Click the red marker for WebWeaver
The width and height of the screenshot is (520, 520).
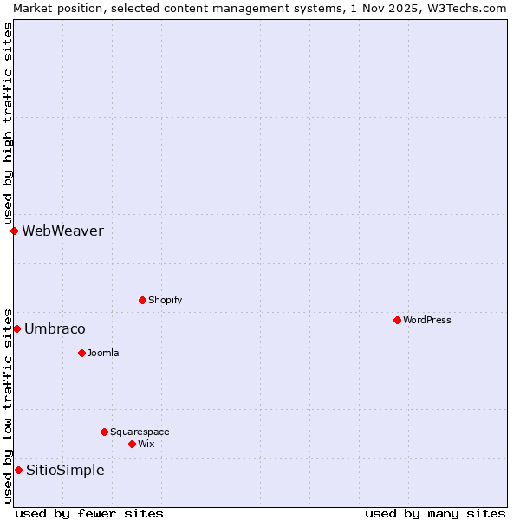tap(14, 231)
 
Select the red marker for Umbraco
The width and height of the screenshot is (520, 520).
tap(16, 328)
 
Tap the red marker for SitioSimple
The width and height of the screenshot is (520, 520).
tap(18, 470)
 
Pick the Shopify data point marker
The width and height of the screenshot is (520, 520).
tap(142, 300)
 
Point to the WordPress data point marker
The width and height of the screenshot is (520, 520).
tap(397, 320)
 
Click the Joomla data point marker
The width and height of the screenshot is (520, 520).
tap(81, 353)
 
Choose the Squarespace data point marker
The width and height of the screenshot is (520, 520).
tap(104, 432)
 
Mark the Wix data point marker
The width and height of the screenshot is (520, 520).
tap(132, 444)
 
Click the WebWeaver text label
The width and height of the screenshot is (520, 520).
tap(62, 231)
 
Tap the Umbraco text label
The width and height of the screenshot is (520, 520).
tap(55, 328)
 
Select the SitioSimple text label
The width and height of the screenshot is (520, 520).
tap(65, 470)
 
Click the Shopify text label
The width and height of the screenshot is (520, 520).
tap(165, 300)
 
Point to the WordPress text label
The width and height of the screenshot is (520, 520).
tap(426, 320)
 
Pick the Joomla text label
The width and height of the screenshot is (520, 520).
tap(103, 353)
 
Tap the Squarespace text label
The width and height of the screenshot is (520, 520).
tap(140, 432)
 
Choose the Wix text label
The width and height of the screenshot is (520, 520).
tap(146, 444)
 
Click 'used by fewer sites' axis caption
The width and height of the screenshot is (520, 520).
tap(89, 513)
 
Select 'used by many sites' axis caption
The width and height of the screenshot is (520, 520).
tap(435, 513)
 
